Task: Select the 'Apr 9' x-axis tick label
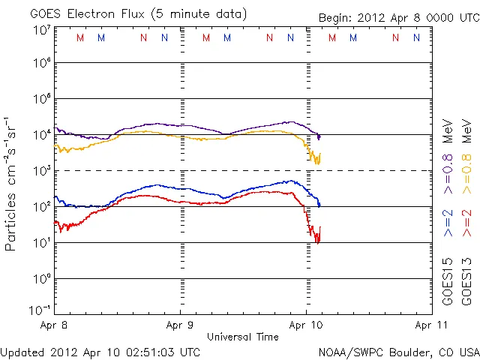(180, 326)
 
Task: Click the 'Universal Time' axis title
(242, 337)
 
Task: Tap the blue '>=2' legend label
(448, 223)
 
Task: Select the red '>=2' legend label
(466, 223)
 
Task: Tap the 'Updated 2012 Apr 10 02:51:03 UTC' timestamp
(100, 351)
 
